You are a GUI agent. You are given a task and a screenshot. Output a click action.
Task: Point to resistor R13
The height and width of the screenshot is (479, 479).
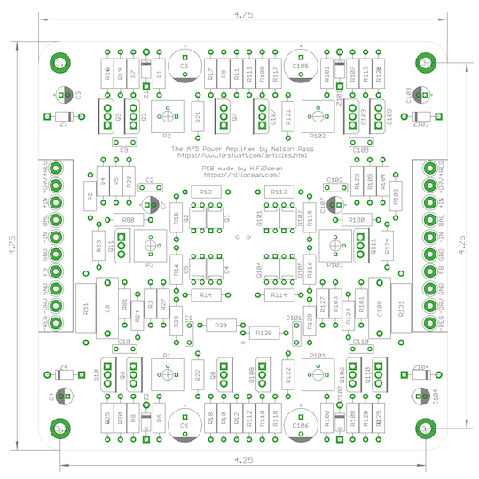[205, 192]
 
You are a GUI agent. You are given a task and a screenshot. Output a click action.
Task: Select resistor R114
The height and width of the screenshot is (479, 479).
[279, 294]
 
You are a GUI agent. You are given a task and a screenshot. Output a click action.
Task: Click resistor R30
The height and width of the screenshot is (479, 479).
[219, 326]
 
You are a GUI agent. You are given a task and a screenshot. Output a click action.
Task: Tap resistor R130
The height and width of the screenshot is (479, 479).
[263, 332]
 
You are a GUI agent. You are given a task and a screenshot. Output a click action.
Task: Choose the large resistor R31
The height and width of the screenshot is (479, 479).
[86, 308]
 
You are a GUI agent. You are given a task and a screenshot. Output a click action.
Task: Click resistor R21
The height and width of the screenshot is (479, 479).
[198, 114]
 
